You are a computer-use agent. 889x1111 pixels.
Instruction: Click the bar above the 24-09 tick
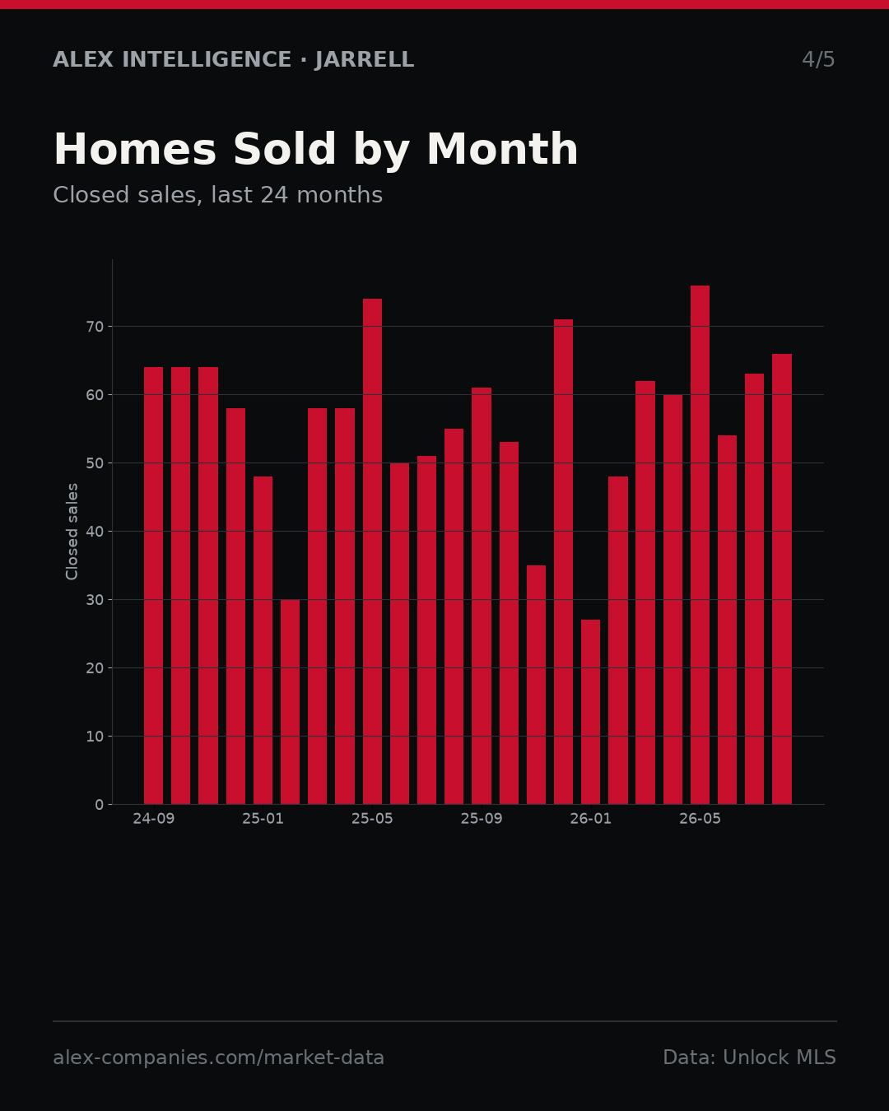153,585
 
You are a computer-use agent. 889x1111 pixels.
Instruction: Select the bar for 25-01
263,640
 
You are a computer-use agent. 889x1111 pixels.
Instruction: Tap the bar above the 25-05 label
372,551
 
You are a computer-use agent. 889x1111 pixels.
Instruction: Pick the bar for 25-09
482,596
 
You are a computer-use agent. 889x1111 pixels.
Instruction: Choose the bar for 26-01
590,712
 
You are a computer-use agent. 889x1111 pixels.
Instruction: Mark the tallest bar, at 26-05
700,545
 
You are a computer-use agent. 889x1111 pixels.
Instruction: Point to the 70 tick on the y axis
95,327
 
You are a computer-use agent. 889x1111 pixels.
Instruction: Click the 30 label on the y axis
95,600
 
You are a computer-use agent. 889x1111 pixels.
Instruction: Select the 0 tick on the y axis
100,805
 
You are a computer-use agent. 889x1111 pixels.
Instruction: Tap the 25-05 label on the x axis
372,819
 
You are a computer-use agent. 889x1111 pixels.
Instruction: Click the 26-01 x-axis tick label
590,819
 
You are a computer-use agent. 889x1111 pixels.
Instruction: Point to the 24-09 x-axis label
153,819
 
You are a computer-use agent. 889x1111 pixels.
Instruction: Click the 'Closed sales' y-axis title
72,532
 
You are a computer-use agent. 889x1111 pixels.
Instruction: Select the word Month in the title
502,150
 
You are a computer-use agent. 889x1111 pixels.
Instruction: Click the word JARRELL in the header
365,60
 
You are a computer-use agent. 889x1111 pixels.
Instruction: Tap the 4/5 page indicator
818,60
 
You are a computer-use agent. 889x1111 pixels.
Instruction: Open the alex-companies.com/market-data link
218,1058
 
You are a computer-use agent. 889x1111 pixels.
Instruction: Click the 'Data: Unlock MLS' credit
750,1058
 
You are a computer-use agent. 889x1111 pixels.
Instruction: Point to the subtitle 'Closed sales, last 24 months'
218,196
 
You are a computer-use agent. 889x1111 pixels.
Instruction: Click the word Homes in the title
135,150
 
